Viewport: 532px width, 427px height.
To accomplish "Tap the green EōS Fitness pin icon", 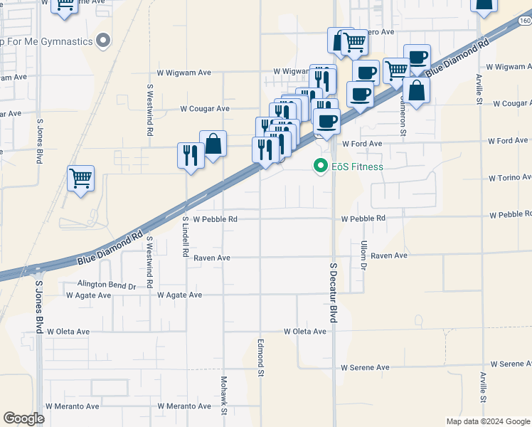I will pos(320,167).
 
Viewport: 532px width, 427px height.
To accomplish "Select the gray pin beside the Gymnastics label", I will pos(104,40).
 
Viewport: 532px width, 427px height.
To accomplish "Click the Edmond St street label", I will pos(261,357).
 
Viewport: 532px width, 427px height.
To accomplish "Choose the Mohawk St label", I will pos(223,396).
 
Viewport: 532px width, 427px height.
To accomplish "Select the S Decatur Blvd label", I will pos(332,292).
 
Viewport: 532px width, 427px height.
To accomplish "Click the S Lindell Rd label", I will pos(185,237).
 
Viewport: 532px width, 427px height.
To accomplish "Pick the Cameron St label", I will pos(403,117).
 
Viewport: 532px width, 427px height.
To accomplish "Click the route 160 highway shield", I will pos(524,21).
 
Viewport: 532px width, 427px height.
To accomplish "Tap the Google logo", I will pos(23,418).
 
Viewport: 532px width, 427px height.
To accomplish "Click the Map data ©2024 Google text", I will pos(487,421).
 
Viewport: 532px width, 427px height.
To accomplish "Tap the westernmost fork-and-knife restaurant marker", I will pos(190,155).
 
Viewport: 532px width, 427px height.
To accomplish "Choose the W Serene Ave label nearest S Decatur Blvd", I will pos(365,368).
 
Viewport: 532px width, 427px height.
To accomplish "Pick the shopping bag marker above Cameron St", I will pos(417,90).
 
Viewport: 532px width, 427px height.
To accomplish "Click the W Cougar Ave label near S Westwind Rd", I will pos(205,109).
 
